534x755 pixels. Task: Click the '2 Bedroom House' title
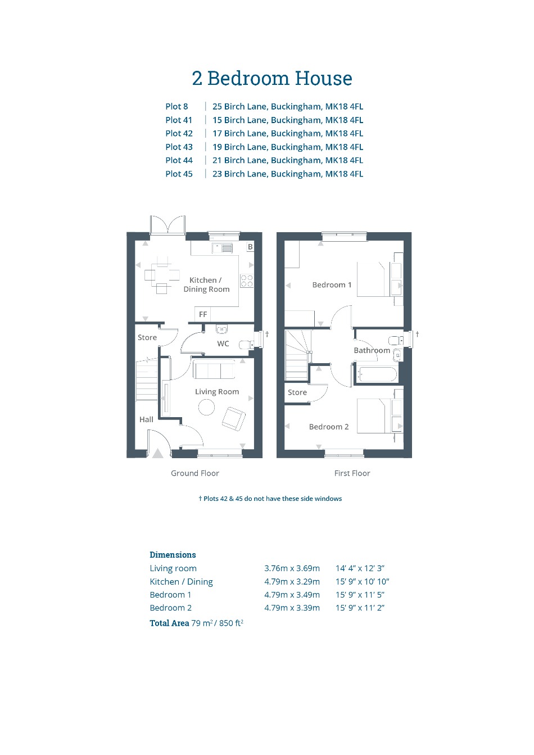(272, 78)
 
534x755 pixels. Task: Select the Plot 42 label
(179, 133)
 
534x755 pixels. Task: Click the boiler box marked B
(250, 247)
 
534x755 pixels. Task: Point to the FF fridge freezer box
(203, 314)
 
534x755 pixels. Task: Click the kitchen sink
(222, 248)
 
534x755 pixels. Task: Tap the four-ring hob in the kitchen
(247, 281)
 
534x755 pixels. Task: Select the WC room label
(223, 343)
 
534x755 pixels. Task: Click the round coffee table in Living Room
(206, 407)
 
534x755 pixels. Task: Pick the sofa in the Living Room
(214, 369)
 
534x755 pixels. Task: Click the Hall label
(146, 419)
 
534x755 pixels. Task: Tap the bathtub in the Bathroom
(377, 374)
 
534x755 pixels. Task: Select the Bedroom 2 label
(329, 427)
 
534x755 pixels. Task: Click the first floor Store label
(297, 392)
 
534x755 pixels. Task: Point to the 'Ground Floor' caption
(194, 473)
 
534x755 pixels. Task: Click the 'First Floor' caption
(352, 473)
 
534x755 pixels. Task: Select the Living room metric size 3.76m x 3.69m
(292, 568)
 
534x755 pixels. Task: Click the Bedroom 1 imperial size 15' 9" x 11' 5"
(360, 595)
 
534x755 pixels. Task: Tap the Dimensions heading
(173, 555)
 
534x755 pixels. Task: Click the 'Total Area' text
(169, 623)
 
